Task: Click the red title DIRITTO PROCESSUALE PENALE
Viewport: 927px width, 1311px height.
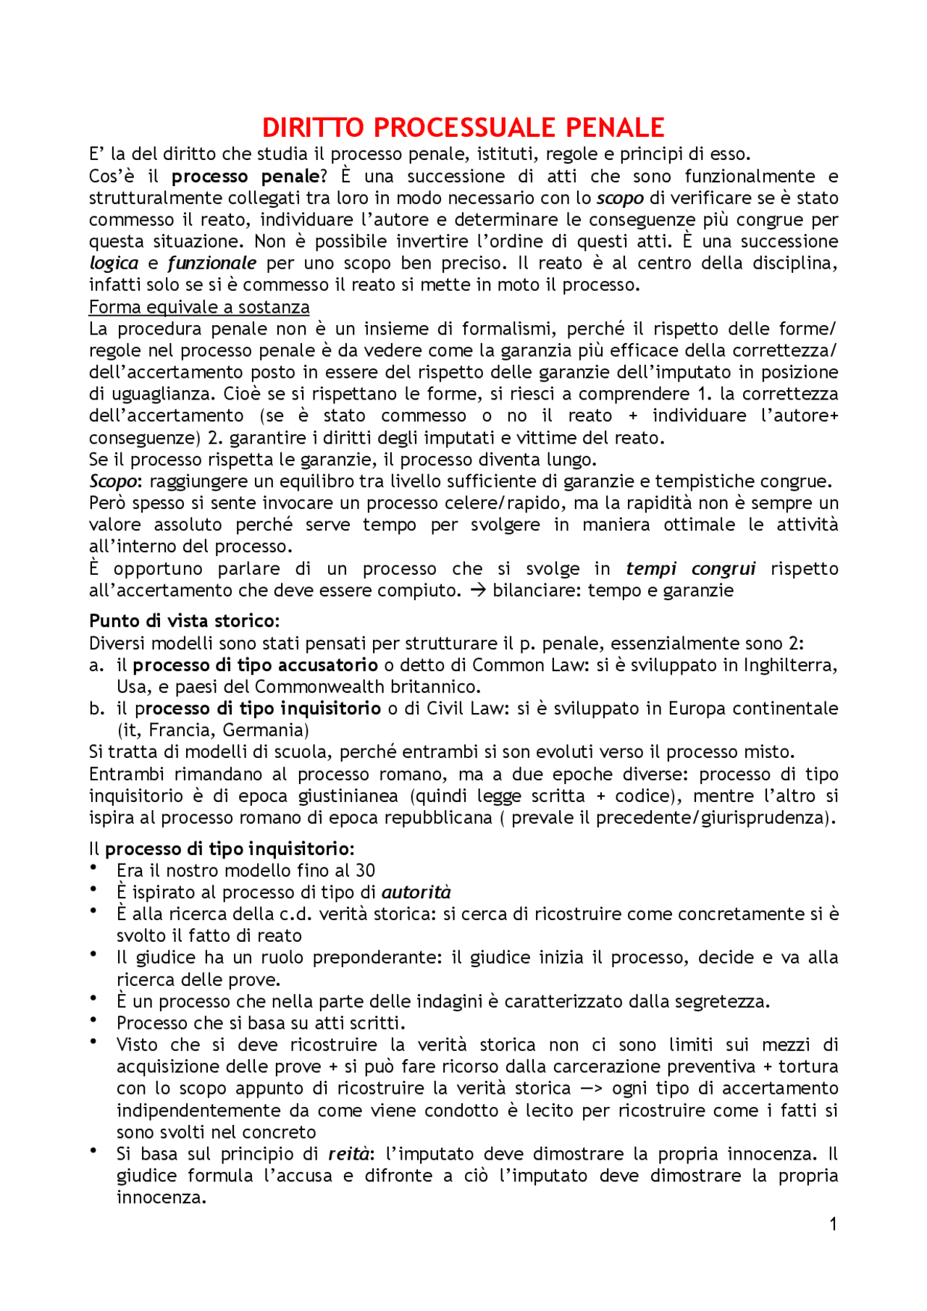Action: [463, 128]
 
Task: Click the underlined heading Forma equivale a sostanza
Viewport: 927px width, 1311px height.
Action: [199, 307]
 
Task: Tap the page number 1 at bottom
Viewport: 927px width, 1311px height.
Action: [833, 1223]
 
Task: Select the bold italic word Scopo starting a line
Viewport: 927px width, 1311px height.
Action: [112, 481]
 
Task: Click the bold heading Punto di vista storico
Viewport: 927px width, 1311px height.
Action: [184, 621]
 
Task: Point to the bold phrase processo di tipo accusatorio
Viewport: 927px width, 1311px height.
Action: [255, 665]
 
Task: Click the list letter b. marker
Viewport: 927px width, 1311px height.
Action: [97, 708]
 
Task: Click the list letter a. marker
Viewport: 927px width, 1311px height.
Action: [97, 665]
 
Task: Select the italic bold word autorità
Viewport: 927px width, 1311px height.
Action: [416, 892]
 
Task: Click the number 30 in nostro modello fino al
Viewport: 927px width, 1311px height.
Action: [365, 870]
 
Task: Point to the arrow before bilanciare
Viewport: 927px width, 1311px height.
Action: [477, 590]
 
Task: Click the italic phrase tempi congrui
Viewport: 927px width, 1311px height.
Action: [690, 568]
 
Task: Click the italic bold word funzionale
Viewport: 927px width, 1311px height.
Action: [211, 263]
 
